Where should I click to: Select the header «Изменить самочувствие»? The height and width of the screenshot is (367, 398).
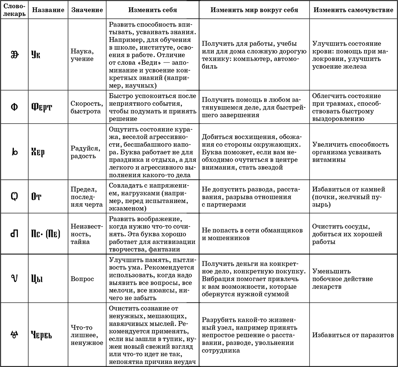coord(353,10)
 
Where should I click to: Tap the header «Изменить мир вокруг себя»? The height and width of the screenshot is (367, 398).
coord(254,10)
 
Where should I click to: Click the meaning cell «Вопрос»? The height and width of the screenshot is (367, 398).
coord(82,279)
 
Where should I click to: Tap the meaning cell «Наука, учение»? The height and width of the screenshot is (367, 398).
coord(82,55)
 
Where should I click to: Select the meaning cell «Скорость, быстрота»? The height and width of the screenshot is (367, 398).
coord(85,107)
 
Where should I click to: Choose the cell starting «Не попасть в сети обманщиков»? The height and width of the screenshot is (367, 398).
coord(252,234)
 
